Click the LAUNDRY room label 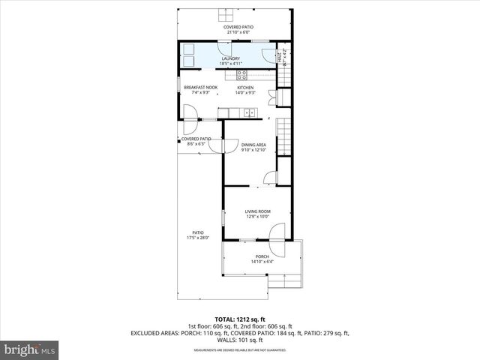coord(230,58)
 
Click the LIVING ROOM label coord(257,211)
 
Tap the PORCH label coord(262,256)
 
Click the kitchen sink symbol coord(248,114)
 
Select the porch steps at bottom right coord(286,280)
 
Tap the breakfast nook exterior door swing coord(189,112)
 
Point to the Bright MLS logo coord(30,349)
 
